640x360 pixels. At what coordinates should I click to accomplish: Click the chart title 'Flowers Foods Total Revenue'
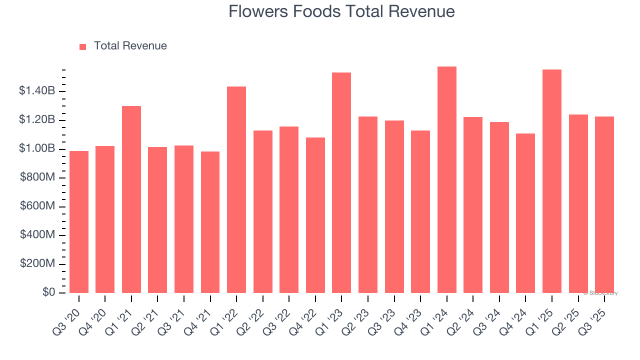coord(341,11)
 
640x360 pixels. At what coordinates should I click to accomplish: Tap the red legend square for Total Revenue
coord(82,46)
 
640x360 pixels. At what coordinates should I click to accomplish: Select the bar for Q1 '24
coord(446,180)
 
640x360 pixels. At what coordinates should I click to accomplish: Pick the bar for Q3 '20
coord(79,222)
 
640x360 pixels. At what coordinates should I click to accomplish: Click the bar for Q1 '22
coord(236,190)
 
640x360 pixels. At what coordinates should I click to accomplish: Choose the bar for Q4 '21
coord(210,222)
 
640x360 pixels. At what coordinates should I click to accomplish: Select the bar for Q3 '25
coord(604,205)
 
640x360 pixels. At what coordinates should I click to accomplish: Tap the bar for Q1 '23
coord(341,183)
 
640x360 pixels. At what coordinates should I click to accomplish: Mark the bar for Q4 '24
coord(525,213)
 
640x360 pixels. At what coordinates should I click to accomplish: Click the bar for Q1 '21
coord(131,199)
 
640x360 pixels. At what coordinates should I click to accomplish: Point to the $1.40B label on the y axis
coord(36,91)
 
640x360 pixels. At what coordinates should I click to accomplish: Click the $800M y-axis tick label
coord(36,177)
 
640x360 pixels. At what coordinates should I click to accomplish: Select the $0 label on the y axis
coord(47,292)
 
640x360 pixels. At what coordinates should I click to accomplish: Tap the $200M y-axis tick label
coord(36,263)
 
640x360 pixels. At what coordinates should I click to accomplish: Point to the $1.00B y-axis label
coord(36,148)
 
